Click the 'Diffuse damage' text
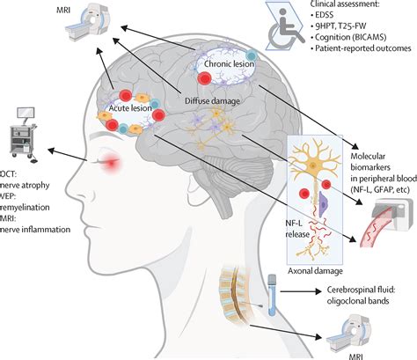(212, 100)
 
